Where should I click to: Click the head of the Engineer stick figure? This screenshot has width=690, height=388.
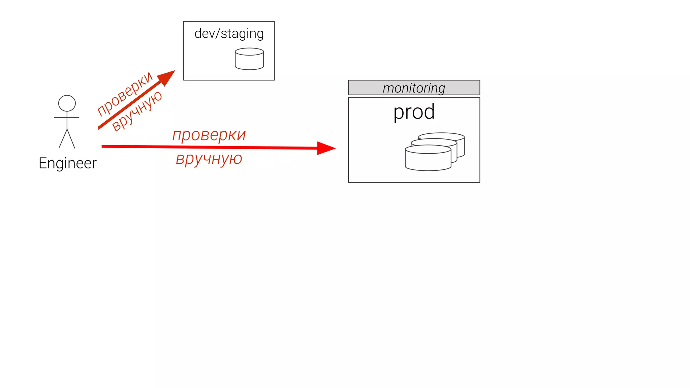coord(67,103)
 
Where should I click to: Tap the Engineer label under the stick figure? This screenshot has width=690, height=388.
coord(67,163)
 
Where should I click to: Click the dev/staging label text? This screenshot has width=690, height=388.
coord(229,34)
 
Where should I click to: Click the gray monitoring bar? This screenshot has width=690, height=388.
coord(414,88)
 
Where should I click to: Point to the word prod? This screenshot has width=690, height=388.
coord(414,112)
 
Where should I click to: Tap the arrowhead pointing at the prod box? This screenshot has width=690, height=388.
coord(325,148)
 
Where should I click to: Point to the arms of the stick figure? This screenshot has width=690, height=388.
coord(67,118)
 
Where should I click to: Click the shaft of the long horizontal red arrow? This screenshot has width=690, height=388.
coord(209,147)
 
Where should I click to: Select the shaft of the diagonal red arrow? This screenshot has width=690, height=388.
coord(128,107)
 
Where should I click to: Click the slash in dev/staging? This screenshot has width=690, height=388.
coord(218,34)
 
